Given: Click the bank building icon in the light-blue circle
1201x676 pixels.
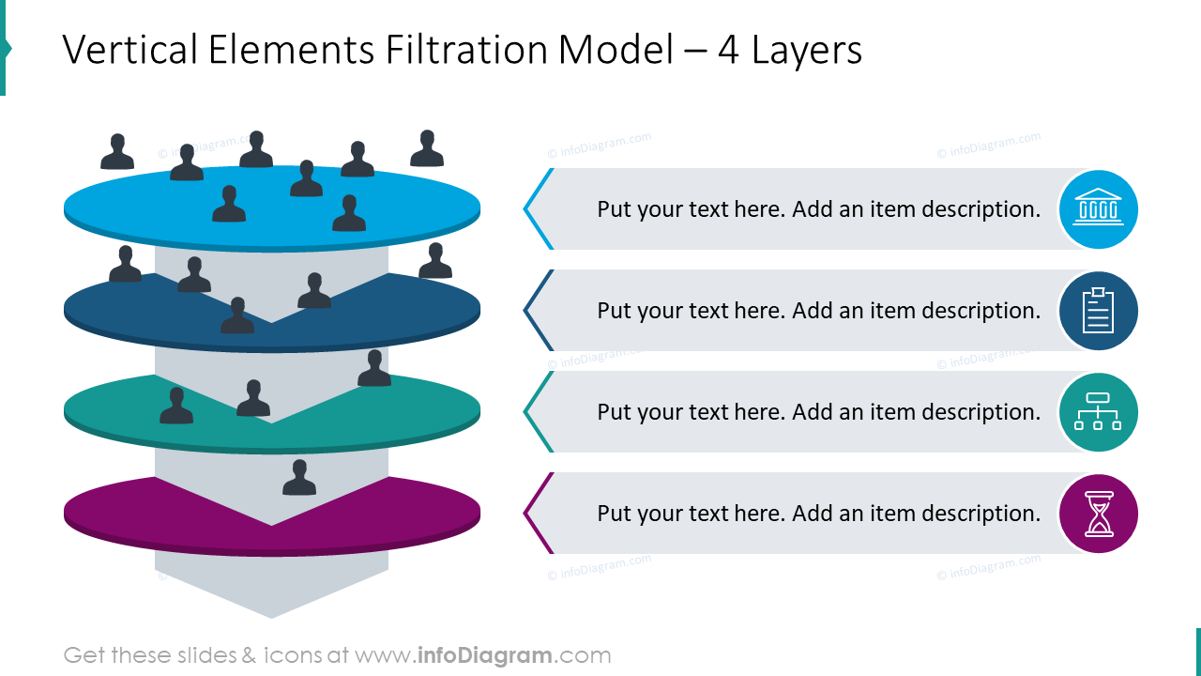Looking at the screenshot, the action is coord(1098,207).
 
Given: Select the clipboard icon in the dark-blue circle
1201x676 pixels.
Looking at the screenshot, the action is coord(1098,311).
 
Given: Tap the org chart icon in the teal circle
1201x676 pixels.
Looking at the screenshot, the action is coord(1098,411).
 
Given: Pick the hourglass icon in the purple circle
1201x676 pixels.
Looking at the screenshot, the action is coord(1099,514).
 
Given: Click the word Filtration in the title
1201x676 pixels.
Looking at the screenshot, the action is coord(464,50).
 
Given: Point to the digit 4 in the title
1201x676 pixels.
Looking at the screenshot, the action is coord(728,51).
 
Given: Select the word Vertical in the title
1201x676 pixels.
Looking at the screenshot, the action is coord(129,50).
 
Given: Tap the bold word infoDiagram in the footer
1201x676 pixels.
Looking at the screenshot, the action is coord(484,655).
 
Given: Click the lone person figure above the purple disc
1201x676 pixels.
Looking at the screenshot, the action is coord(299,477).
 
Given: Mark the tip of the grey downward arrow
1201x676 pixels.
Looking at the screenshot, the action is coord(271,618).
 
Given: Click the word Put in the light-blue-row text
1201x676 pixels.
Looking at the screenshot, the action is coord(615,209).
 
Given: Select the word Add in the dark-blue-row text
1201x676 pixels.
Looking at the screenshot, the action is coord(813,311).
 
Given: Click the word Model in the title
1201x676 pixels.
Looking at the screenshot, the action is coord(616,50).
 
